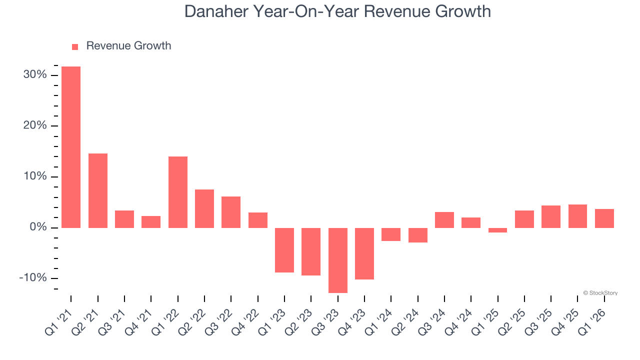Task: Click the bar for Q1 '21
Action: point(71,147)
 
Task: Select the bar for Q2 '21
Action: point(98,190)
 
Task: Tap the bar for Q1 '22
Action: point(178,192)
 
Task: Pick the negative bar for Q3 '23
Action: point(338,260)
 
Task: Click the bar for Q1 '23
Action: point(284,250)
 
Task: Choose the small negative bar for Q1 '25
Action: point(498,230)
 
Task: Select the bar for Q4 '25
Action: point(577,216)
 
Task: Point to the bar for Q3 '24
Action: point(444,220)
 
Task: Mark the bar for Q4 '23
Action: point(364,253)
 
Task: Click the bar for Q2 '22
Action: point(204,208)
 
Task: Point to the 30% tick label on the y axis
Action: point(35,75)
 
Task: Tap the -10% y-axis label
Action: point(33,278)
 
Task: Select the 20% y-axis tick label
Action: point(35,125)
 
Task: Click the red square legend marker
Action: point(75,47)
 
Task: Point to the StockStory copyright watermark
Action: point(600,293)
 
